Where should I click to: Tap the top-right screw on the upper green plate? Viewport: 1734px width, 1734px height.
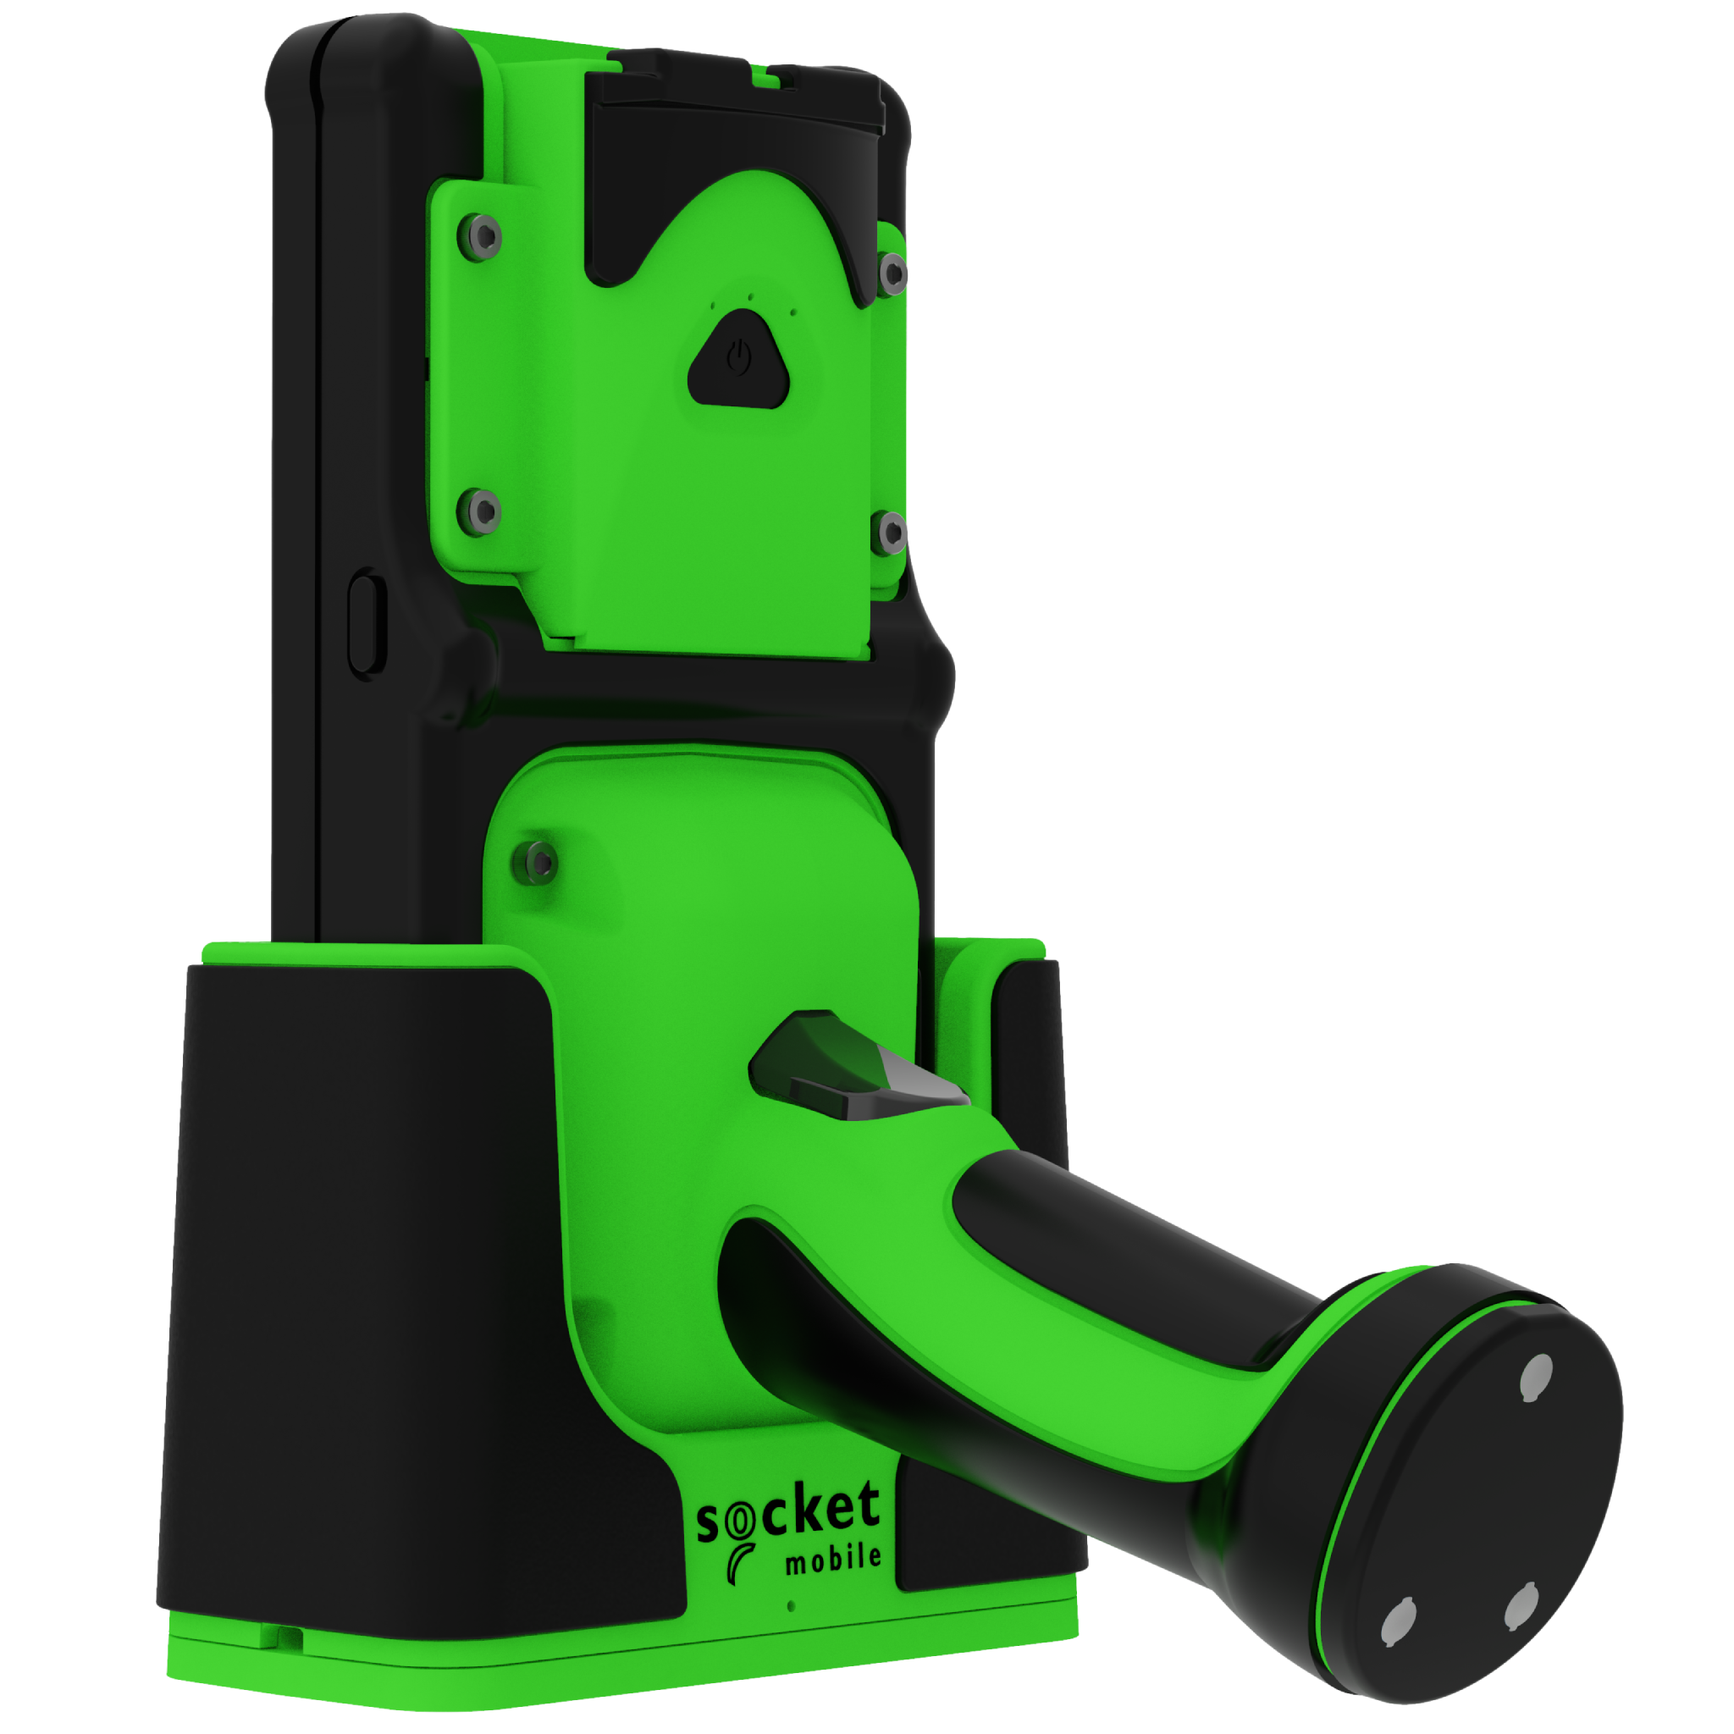[x=893, y=273]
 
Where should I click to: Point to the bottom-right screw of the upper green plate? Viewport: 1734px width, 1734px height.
[x=892, y=533]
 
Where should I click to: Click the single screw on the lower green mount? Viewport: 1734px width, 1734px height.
[x=538, y=864]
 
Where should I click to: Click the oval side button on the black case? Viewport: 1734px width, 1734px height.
[x=366, y=624]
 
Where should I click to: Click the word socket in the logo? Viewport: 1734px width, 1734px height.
[x=788, y=1516]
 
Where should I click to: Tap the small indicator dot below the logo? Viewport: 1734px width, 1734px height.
[x=791, y=1605]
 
